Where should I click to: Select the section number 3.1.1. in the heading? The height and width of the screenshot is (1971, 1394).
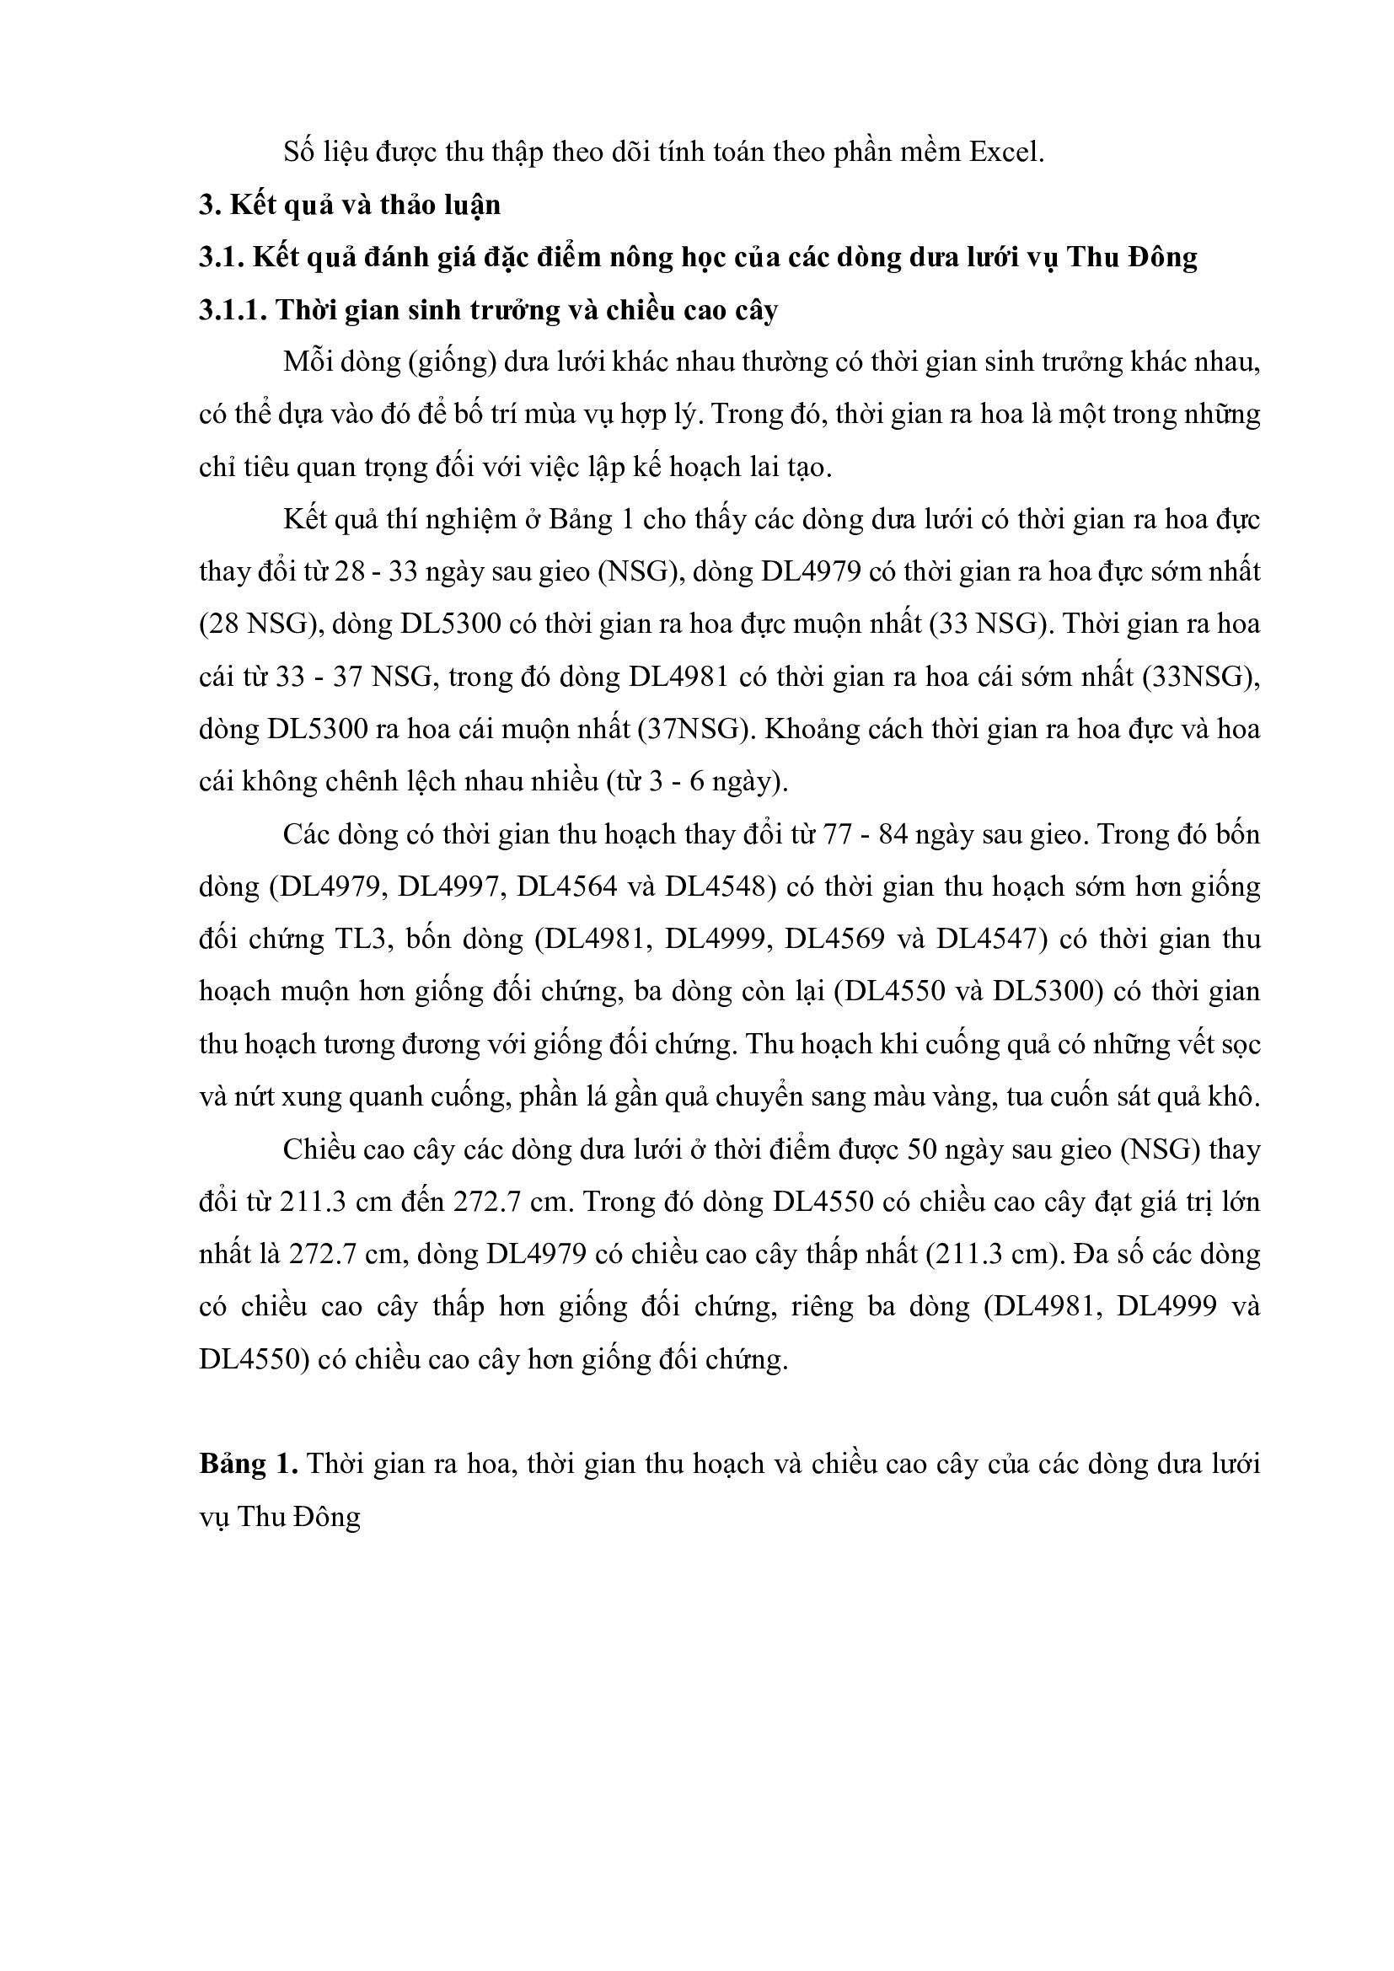[233, 310]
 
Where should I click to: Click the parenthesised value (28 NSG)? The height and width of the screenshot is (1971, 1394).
[254, 624]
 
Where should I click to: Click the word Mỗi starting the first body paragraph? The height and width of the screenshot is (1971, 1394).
[307, 362]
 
